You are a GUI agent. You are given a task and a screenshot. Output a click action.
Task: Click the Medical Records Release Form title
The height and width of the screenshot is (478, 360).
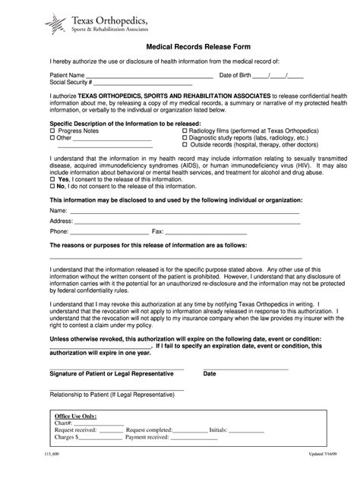(x=179, y=45)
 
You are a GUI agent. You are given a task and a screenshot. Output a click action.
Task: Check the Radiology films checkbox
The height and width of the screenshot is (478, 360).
(x=185, y=131)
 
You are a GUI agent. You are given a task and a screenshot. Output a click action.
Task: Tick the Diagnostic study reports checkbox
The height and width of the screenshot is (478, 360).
(x=185, y=138)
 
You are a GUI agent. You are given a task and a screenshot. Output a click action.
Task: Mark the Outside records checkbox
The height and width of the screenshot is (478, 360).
(x=185, y=145)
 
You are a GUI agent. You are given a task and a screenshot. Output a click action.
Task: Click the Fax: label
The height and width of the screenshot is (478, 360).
(x=158, y=231)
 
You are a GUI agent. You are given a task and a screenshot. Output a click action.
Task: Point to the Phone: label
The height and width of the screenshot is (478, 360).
(x=59, y=231)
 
